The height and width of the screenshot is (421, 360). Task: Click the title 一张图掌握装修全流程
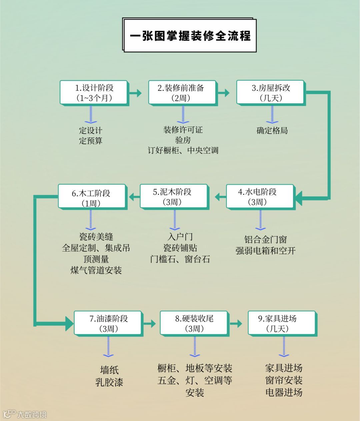(190, 36)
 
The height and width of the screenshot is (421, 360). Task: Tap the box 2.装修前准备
(182, 93)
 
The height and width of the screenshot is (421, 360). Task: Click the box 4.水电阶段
(260, 197)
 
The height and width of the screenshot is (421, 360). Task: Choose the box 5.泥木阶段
(174, 197)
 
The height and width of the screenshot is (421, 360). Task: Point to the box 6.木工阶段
(92, 197)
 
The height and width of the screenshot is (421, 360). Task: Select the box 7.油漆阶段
(108, 323)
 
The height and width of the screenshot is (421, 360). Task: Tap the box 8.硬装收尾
(194, 323)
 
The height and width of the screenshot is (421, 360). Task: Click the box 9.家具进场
(282, 323)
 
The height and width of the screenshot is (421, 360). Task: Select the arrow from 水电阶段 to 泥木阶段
(220, 197)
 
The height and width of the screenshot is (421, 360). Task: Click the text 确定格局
(272, 131)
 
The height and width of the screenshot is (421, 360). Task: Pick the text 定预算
(91, 141)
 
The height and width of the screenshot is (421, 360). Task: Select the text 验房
(183, 140)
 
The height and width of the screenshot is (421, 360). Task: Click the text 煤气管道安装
(96, 270)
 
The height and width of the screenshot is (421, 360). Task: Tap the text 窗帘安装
(284, 380)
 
